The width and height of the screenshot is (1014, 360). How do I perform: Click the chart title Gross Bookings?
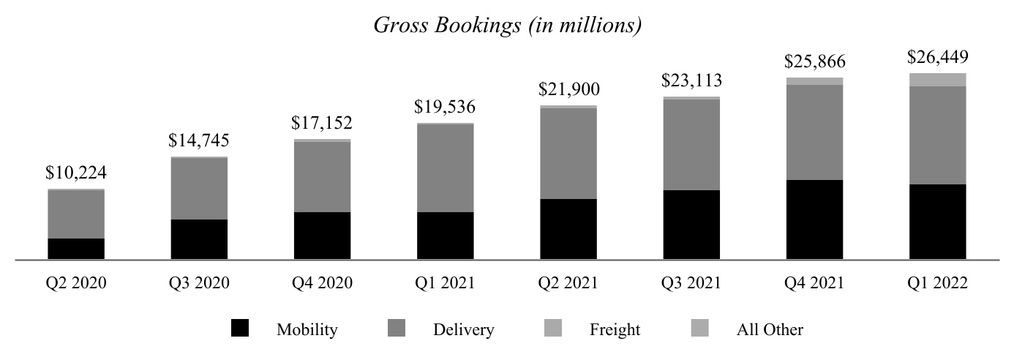tap(508, 25)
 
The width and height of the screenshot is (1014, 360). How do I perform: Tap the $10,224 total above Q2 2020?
tap(75, 173)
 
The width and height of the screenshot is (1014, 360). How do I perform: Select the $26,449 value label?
tap(936, 57)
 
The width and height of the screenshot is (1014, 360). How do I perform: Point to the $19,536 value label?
tap(445, 108)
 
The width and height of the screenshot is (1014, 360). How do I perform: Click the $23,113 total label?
tap(691, 80)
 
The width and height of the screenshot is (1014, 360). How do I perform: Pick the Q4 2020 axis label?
tap(322, 283)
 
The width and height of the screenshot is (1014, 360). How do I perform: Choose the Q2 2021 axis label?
tap(568, 283)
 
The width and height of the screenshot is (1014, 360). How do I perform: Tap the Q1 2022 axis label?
tap(936, 283)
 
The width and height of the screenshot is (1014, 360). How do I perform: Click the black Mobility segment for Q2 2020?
tap(76, 249)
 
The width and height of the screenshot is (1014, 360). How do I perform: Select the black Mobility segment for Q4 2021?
tap(814, 220)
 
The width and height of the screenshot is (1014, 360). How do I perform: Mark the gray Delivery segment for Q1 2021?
tap(445, 168)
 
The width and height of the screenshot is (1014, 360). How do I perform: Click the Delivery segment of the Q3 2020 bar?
tap(199, 189)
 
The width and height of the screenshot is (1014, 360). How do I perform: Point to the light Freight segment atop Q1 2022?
tap(936, 80)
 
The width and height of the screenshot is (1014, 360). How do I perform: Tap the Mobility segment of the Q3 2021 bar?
tap(691, 225)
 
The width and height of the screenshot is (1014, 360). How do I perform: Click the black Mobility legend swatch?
tap(239, 329)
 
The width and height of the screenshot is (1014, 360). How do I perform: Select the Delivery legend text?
tap(463, 330)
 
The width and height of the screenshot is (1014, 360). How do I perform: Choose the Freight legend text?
tap(615, 330)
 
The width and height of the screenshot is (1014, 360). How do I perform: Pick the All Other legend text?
tap(769, 330)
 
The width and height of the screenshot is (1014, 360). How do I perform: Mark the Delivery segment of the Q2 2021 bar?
tap(568, 154)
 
